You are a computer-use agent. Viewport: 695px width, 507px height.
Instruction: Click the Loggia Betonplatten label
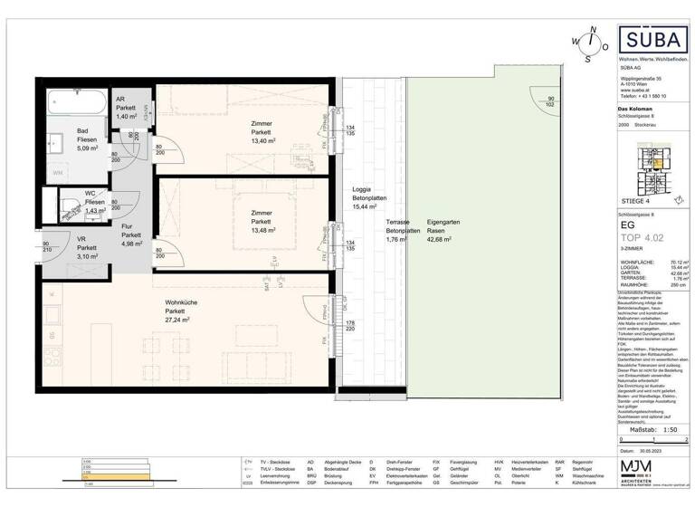[x=370, y=197]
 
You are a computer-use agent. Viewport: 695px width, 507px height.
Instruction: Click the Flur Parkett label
[x=130, y=233]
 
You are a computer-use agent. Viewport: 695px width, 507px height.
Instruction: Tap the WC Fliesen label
[x=94, y=202]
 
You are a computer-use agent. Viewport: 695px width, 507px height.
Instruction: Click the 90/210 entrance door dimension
[x=45, y=248]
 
